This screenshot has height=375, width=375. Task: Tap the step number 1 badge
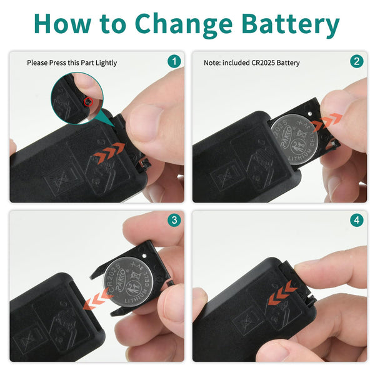coord(174,61)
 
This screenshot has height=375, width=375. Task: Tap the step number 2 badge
coord(357,61)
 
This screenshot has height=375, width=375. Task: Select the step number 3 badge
coord(174,220)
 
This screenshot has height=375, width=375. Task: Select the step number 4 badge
coord(357,220)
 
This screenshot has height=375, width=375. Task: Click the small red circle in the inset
coord(88,102)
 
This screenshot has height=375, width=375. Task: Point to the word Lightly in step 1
coord(106,63)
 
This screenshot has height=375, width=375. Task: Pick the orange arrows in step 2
coord(327,122)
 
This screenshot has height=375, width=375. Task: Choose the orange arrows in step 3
coord(98,298)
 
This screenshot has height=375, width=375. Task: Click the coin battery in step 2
coord(294,139)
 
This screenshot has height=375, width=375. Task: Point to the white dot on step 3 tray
coord(144,256)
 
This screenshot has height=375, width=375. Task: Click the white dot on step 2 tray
coord(310,113)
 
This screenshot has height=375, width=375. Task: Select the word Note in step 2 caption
coord(212,62)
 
